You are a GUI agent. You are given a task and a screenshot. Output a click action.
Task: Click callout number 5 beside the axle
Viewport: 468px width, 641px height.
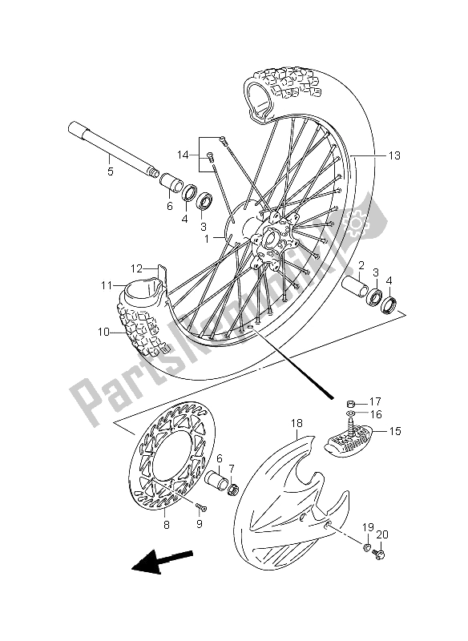tap(111, 171)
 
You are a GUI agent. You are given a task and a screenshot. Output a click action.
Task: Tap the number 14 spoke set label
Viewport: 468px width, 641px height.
tap(184, 155)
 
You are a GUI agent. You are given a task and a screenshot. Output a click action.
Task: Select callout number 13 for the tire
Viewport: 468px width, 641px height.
tap(394, 155)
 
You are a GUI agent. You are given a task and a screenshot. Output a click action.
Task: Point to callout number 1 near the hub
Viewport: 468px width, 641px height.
tap(207, 239)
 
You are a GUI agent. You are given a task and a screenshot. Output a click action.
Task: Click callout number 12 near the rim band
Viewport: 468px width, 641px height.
tap(136, 268)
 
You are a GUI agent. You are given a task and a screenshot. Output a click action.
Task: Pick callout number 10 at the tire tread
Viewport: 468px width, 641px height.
tap(103, 332)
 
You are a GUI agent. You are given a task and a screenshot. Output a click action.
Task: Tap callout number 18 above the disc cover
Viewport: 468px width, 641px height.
tap(297, 423)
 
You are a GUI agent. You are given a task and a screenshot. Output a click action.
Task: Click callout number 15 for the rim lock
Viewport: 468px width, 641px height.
tap(395, 431)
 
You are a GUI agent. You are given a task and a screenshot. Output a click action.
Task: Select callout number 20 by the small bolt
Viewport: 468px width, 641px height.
tap(382, 534)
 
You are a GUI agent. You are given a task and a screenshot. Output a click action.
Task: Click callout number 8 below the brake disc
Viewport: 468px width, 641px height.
tap(167, 525)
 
